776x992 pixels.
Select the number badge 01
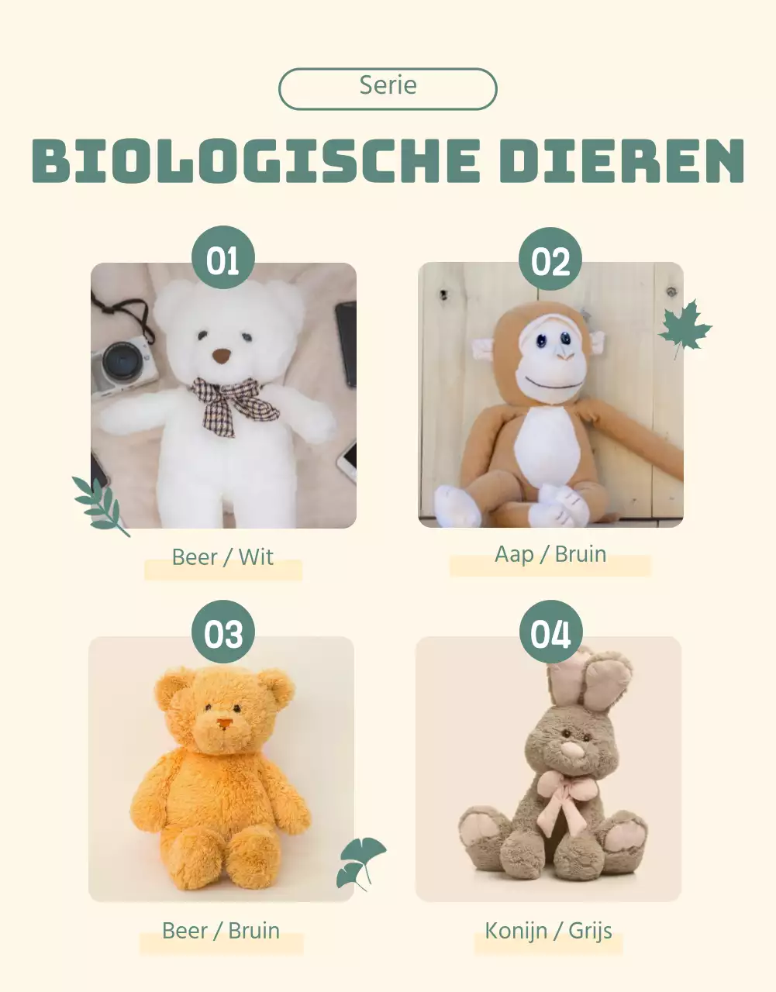pyautogui.click(x=223, y=258)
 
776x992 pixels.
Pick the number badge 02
pyautogui.click(x=550, y=260)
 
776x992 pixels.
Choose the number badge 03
pyautogui.click(x=223, y=632)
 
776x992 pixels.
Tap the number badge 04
pyautogui.click(x=550, y=632)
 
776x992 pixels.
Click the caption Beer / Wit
pyautogui.click(x=222, y=557)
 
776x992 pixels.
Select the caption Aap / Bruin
pyautogui.click(x=550, y=554)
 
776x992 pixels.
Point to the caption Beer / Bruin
pyautogui.click(x=221, y=930)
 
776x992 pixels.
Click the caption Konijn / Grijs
pyautogui.click(x=548, y=930)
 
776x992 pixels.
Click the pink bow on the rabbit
pyautogui.click(x=567, y=798)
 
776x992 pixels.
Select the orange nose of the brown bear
pyautogui.click(x=225, y=724)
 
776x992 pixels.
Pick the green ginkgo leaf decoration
pyautogui.click(x=359, y=860)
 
